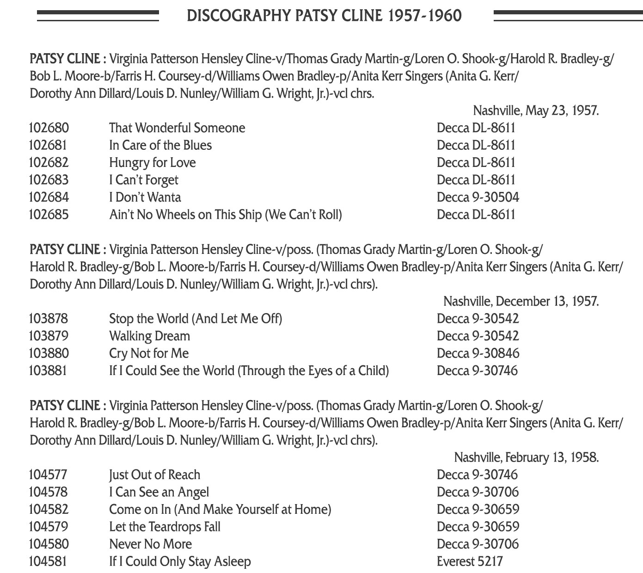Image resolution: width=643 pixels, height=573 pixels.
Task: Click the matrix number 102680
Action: click(49, 128)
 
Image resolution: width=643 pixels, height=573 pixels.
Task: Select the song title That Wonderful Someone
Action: click(177, 128)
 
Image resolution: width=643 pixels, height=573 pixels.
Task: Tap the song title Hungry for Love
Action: click(152, 163)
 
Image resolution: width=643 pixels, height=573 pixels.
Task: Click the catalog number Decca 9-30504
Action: click(478, 197)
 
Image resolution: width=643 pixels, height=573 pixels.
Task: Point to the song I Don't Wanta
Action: click(145, 197)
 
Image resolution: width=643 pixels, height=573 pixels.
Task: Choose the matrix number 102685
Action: click(49, 215)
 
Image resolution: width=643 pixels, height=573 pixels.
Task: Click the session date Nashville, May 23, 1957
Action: click(536, 111)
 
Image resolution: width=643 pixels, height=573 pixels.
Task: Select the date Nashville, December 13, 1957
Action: click(521, 302)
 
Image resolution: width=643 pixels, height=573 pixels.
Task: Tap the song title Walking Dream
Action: click(149, 336)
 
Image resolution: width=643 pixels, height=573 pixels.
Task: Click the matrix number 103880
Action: click(49, 353)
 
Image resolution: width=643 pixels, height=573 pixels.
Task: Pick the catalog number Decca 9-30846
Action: click(478, 353)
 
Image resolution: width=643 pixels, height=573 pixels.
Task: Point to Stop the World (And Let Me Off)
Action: click(195, 319)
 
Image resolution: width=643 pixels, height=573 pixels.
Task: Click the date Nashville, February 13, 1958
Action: click(527, 457)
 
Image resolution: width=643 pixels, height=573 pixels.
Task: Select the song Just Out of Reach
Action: click(154, 475)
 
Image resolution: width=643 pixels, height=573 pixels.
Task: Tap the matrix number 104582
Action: click(49, 510)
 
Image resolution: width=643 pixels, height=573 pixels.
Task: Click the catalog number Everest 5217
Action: click(469, 561)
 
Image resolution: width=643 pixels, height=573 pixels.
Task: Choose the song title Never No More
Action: click(150, 544)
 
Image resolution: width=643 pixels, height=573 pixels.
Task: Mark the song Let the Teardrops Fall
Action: click(165, 527)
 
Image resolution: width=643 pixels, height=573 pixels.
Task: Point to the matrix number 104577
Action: click(48, 475)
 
